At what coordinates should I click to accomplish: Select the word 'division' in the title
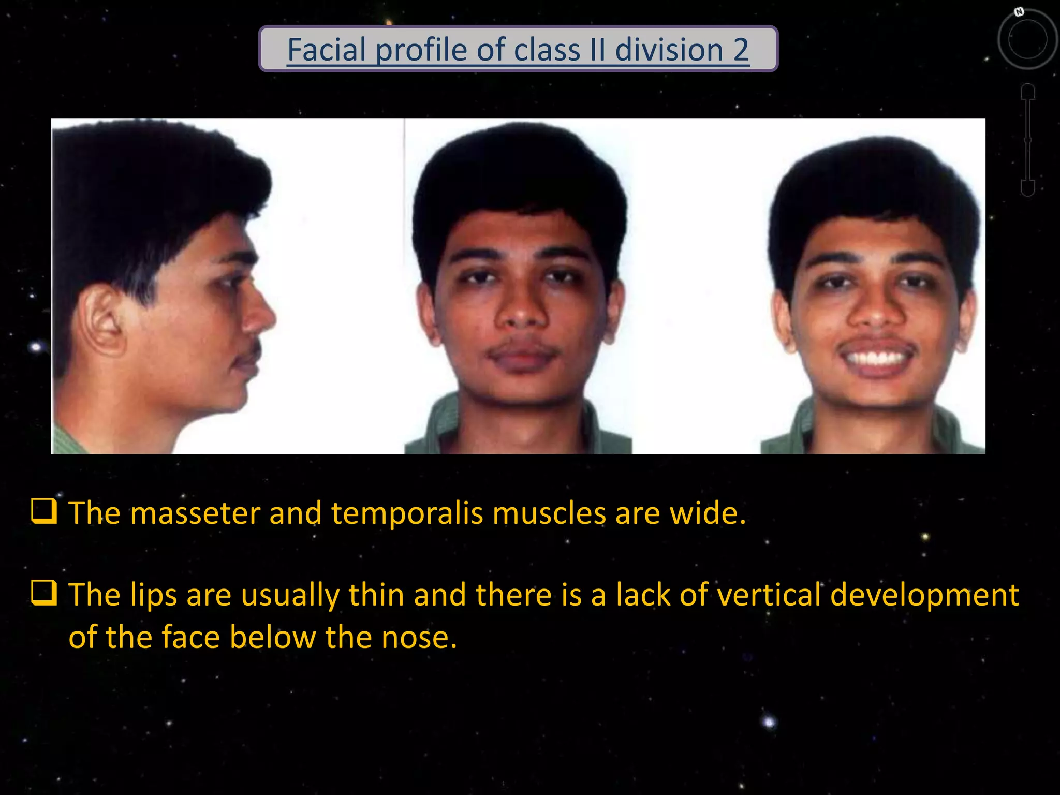point(669,50)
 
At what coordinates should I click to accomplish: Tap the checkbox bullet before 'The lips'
point(45,593)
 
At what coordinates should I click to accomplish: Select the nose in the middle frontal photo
point(522,311)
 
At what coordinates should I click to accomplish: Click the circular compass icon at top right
point(1027,39)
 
